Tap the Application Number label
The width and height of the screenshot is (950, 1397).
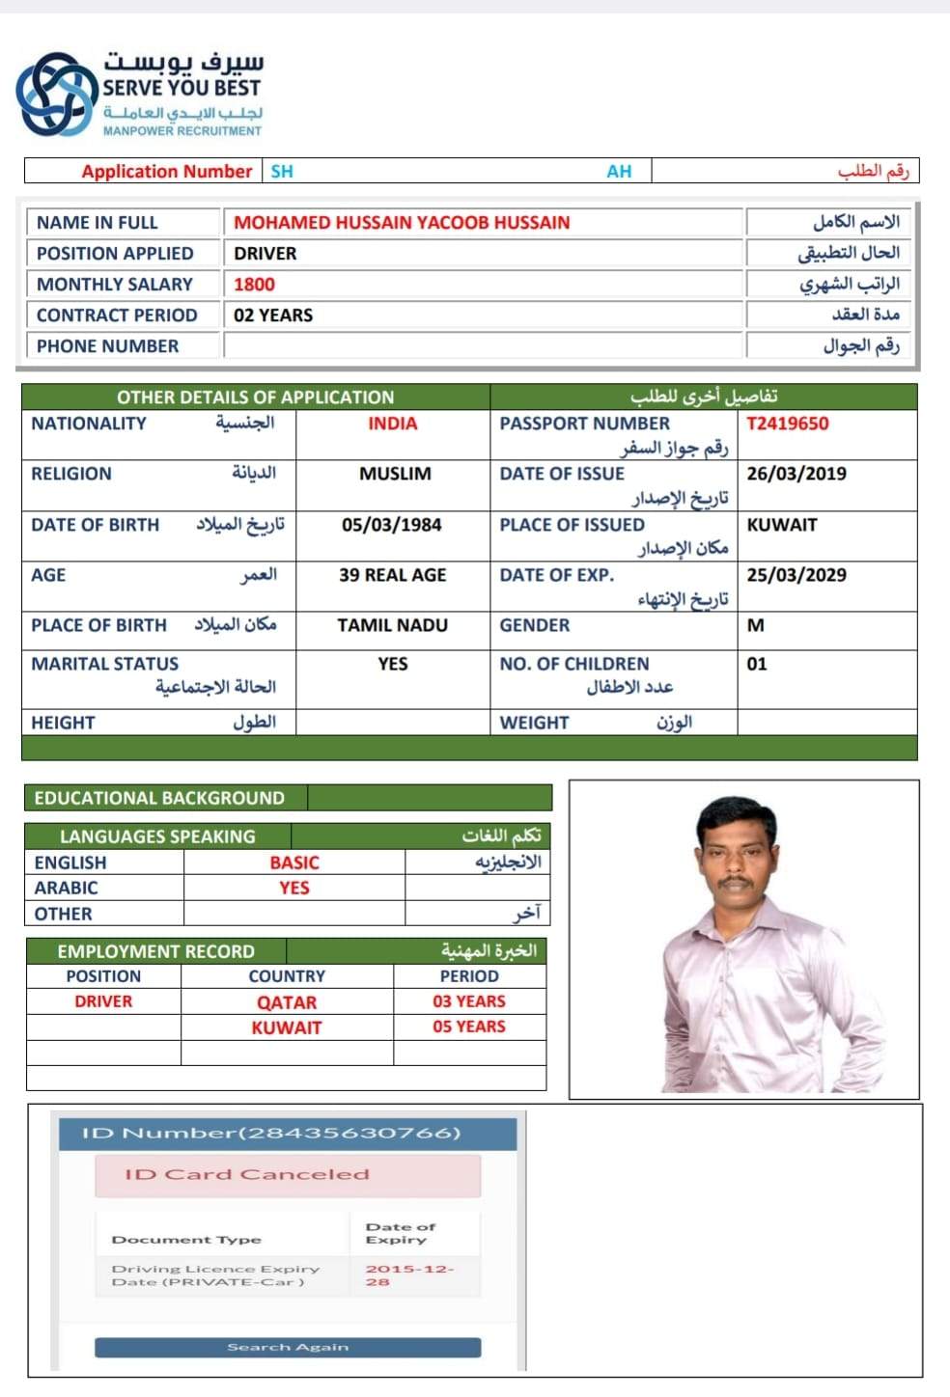point(166,172)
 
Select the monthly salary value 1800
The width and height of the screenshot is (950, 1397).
point(254,285)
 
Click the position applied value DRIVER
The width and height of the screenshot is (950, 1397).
point(265,254)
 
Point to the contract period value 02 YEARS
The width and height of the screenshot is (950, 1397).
point(273,315)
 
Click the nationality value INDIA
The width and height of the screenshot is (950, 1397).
point(392,424)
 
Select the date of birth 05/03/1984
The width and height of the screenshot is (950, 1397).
point(391,525)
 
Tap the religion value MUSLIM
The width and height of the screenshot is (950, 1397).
point(395,474)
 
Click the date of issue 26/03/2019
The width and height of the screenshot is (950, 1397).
point(796,474)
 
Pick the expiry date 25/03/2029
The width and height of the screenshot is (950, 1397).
point(796,575)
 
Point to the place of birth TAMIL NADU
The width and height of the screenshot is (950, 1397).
point(392,625)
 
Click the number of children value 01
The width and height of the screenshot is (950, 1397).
point(757,664)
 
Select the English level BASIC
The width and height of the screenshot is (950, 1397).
point(294,863)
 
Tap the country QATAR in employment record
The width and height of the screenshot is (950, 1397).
point(287,1002)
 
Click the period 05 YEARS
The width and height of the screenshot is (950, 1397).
point(469,1027)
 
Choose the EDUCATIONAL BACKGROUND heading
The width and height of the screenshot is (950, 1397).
point(159,798)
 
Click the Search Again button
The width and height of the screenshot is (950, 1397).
point(288,1347)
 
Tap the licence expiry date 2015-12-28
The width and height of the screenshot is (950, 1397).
point(407,1274)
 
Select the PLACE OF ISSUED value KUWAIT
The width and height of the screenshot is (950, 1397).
point(782,525)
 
